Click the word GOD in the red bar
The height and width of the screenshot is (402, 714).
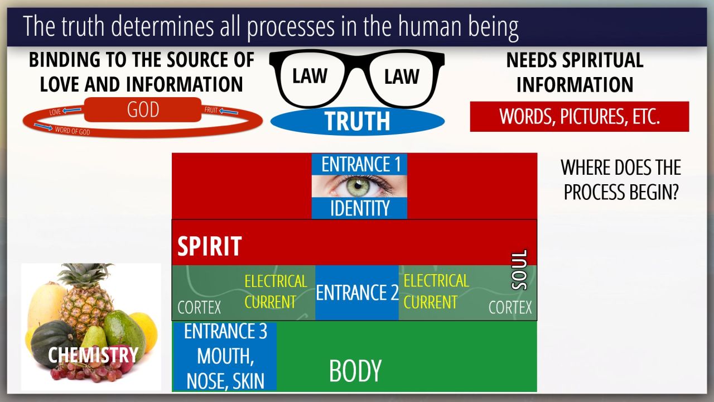(143, 109)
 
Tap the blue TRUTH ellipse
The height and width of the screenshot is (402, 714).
(357, 121)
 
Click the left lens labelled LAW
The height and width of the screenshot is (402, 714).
(310, 76)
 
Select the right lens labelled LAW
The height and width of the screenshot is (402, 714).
(402, 76)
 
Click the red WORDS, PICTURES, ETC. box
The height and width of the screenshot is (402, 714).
(579, 117)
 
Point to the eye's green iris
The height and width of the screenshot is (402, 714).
(358, 185)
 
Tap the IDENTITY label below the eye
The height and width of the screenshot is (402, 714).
(360, 208)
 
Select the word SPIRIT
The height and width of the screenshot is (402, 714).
(209, 246)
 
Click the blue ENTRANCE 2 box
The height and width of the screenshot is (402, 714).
(357, 293)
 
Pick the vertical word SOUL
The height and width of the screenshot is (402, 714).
(519, 270)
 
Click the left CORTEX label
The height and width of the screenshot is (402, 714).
(199, 307)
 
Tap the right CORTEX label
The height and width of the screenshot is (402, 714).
(510, 307)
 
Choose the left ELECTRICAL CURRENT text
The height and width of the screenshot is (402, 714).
(276, 291)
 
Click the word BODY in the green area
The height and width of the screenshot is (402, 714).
(355, 371)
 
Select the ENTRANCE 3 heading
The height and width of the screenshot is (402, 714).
(225, 331)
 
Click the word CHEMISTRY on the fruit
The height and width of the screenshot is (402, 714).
(93, 355)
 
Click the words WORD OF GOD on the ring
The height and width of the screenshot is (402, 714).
(73, 131)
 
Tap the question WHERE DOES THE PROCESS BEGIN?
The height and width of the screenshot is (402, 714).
(620, 180)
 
